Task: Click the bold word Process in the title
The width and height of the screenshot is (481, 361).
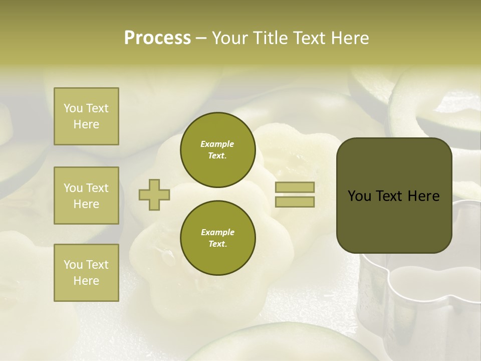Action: coord(157,38)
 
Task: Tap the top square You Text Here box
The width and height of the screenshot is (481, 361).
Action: coord(86,116)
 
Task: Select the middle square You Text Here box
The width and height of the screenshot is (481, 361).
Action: coord(86,196)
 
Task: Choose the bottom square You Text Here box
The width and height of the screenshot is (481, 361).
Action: coord(86,272)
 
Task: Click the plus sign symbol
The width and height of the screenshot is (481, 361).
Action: coord(154,195)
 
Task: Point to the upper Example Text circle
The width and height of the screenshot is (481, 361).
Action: coord(217,149)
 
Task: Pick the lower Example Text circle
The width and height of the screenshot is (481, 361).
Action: coord(217,238)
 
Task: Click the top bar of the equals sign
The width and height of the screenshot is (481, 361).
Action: coord(295,187)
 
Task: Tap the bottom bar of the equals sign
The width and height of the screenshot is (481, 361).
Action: coord(295,202)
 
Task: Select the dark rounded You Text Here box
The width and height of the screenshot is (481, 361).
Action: coord(394,196)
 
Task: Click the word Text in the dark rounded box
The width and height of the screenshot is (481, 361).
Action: coord(391,196)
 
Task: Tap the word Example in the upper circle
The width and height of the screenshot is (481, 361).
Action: coord(217,144)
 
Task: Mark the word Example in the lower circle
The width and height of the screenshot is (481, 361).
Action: coord(217,232)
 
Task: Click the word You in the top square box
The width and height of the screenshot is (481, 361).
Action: coord(73,108)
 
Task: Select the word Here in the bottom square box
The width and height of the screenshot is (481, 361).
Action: coord(86,281)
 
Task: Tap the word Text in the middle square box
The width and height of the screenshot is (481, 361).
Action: coord(97,188)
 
